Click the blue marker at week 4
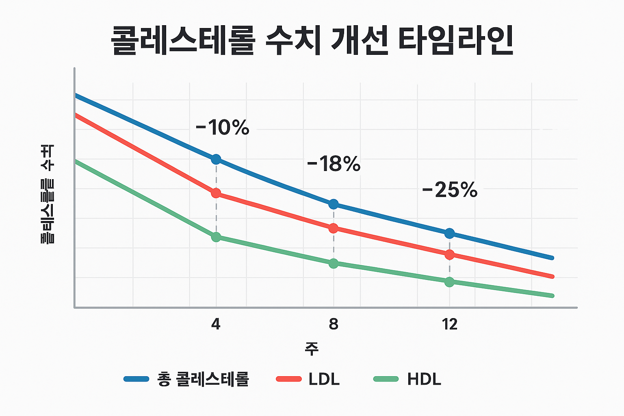[x=216, y=159]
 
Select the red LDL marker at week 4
[x=216, y=193]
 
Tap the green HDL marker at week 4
[x=216, y=237]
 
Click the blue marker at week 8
[x=333, y=204]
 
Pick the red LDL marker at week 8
[x=333, y=228]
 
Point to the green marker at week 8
[x=333, y=264]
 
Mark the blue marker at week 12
[x=449, y=233]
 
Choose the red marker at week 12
[x=449, y=255]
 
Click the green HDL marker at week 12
[x=449, y=282]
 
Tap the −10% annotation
[x=222, y=128]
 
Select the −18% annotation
[x=334, y=164]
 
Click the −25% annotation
[x=450, y=190]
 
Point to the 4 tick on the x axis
[x=216, y=324]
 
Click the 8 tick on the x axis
[x=333, y=324]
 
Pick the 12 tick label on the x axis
[x=450, y=324]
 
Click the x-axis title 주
[x=312, y=349]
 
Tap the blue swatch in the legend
[x=136, y=379]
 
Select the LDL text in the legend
[x=324, y=379]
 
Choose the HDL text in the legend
[x=424, y=379]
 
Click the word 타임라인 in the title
[x=455, y=41]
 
